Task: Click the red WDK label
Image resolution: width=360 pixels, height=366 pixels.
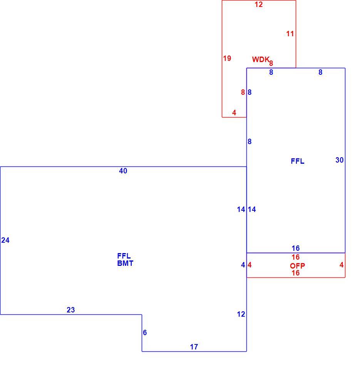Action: pos(261,59)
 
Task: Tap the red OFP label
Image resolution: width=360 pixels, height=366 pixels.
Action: pos(297,265)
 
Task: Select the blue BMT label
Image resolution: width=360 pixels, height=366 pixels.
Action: pos(125,263)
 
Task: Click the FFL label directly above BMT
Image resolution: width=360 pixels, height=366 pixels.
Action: pos(124,256)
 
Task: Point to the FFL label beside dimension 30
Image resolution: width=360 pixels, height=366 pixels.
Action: pos(298,161)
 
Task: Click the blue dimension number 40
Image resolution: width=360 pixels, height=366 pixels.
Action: pos(123,171)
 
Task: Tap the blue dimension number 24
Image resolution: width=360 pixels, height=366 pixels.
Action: pos(5,240)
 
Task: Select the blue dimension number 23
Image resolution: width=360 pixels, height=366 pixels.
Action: pos(71,310)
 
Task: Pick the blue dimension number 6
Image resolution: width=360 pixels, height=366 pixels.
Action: pos(145,332)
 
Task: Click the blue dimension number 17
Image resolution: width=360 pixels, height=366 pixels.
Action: pos(194,347)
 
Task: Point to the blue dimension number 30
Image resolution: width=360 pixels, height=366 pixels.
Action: pos(340,160)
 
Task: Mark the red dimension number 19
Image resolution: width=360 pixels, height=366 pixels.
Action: pos(227,58)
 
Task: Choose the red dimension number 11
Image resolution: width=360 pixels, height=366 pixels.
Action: pos(290,34)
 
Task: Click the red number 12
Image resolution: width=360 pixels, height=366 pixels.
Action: pos(258,5)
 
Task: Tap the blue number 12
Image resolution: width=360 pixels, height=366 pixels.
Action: pos(241,314)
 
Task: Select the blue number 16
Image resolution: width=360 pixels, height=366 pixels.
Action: pos(296,248)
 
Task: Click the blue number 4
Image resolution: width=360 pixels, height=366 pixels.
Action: pos(243,265)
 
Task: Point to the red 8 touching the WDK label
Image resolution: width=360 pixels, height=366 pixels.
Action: pos(271,63)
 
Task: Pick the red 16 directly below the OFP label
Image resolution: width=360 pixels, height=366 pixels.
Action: pos(296,273)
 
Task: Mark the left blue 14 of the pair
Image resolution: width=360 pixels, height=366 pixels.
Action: pos(241,209)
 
